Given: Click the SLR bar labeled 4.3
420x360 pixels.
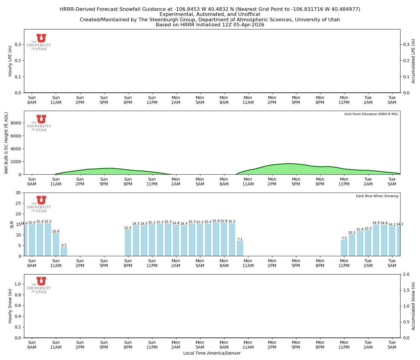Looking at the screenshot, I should [x=64, y=251].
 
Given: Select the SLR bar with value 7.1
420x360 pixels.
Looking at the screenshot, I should [x=240, y=248].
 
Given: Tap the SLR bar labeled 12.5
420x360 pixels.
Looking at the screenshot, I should [x=128, y=243].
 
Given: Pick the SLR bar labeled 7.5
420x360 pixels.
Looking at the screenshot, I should [x=344, y=248].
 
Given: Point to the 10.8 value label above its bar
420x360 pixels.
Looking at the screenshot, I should [x=56, y=232].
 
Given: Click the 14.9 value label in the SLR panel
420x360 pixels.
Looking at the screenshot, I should [x=376, y=223].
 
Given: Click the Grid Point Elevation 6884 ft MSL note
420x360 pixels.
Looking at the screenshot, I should [x=371, y=114].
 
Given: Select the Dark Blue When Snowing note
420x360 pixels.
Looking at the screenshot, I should [x=377, y=196].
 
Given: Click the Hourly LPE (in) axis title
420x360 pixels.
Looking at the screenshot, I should [x=10, y=61].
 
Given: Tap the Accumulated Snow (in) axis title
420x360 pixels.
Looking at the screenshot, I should [x=413, y=306].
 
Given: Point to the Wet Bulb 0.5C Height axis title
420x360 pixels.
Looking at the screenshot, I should [x=6, y=143].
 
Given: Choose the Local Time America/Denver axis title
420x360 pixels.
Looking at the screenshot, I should [x=212, y=353].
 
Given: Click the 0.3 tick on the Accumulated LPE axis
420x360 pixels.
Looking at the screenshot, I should [x=406, y=44].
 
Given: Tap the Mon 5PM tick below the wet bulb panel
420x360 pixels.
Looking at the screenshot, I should [x=296, y=182].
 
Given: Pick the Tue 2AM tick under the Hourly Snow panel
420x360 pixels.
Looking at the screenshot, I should [x=368, y=344].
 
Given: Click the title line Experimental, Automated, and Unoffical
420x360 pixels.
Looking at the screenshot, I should [x=210, y=14].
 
